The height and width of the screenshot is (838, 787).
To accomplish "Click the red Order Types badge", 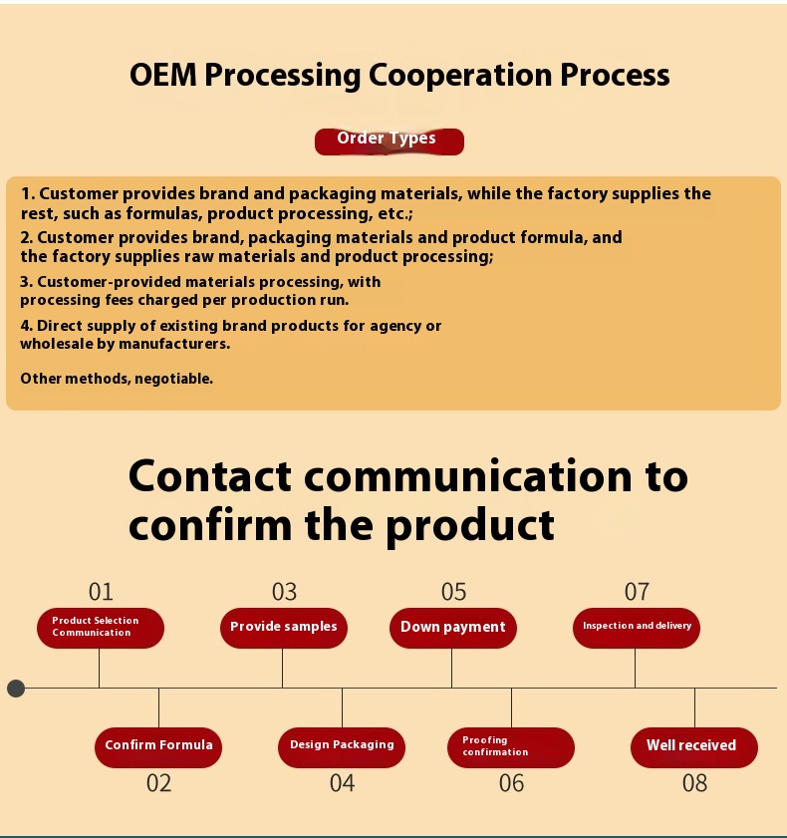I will click(x=389, y=140).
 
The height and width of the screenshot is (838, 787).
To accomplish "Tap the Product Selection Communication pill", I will click(x=100, y=628).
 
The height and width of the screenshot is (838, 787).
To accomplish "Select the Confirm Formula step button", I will click(x=158, y=746).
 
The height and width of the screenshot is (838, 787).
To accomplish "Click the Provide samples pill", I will click(x=283, y=628).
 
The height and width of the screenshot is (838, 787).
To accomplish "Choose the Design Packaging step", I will click(x=342, y=746).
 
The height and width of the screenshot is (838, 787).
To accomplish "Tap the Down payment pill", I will click(x=452, y=628).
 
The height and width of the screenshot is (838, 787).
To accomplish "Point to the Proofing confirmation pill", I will click(x=511, y=746).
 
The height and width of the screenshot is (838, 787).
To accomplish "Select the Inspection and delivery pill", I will click(x=637, y=628).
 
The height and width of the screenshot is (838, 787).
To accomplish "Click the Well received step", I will click(x=693, y=746).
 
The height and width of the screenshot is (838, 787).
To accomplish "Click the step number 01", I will click(x=101, y=592).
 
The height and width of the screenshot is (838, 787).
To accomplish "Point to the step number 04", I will click(x=342, y=783).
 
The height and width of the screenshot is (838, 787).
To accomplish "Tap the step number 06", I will click(x=511, y=783).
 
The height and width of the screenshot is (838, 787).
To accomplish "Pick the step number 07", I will click(x=637, y=592).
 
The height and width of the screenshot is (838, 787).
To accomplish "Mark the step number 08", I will click(x=694, y=783).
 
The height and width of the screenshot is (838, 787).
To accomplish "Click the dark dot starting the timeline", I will click(x=16, y=688).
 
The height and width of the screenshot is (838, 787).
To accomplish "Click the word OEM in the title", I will click(x=164, y=75).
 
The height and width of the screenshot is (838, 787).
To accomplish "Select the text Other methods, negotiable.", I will click(x=117, y=379).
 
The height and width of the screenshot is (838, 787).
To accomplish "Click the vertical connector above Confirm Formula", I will click(x=158, y=707).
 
